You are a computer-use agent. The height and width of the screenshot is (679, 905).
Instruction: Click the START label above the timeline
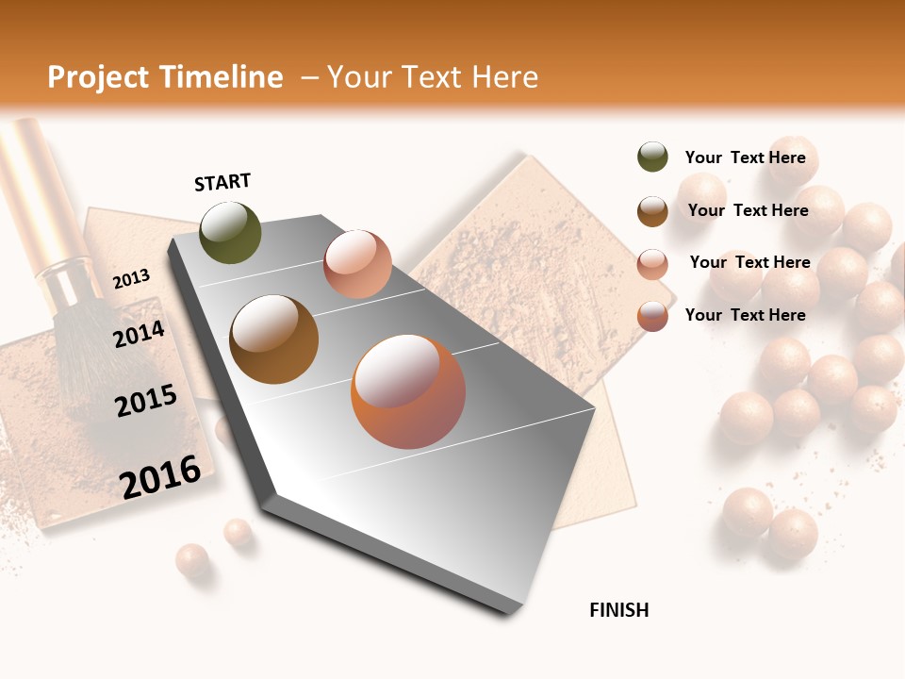pyautogui.click(x=222, y=182)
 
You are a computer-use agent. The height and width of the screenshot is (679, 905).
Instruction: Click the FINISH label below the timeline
pyautogui.click(x=618, y=610)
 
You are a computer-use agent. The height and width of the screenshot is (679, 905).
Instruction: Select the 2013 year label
pyautogui.click(x=131, y=279)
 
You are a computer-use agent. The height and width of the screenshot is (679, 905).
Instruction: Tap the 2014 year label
pyautogui.click(x=139, y=334)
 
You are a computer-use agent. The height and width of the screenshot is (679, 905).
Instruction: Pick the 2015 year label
pyautogui.click(x=146, y=401)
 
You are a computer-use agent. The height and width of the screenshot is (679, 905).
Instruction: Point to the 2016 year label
pyautogui.click(x=160, y=477)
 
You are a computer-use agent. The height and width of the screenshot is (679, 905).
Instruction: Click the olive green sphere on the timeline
pyautogui.click(x=230, y=232)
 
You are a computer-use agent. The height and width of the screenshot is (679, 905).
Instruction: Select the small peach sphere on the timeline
pyautogui.click(x=357, y=264)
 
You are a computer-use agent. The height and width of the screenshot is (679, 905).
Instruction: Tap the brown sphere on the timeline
pyautogui.click(x=273, y=339)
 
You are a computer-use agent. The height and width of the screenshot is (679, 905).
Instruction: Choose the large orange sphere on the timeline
pyautogui.click(x=408, y=391)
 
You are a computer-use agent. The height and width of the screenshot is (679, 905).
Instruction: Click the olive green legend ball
pyautogui.click(x=652, y=157)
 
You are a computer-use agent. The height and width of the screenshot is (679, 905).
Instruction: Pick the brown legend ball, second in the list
pyautogui.click(x=652, y=211)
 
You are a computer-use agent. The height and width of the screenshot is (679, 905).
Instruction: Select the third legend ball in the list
pyautogui.click(x=652, y=264)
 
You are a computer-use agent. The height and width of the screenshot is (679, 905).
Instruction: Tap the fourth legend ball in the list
pyautogui.click(x=652, y=316)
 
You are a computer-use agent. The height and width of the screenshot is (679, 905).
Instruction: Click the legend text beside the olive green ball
pyautogui.click(x=745, y=157)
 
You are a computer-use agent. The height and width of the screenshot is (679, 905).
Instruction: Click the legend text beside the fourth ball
pyautogui.click(x=745, y=315)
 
